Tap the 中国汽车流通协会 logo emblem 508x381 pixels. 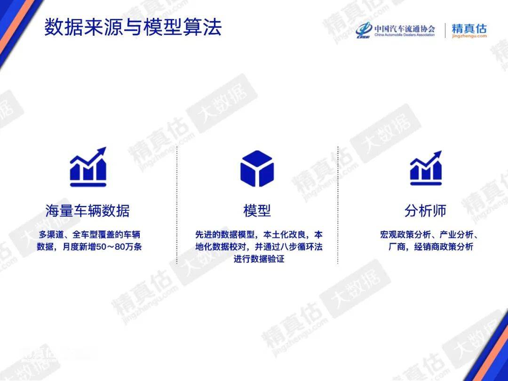(x=364, y=31)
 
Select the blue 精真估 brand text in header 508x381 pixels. (x=469, y=28)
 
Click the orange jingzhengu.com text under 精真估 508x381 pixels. (x=469, y=36)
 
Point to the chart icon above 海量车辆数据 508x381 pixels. (x=88, y=167)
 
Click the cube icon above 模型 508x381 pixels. (x=257, y=168)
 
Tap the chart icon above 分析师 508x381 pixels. (x=426, y=168)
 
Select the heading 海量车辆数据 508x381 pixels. (x=87, y=211)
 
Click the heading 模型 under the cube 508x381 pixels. (x=257, y=211)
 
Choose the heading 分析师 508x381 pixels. (x=425, y=211)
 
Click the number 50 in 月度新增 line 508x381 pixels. (x=101, y=247)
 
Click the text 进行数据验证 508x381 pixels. (x=259, y=259)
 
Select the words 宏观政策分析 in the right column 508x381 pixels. (x=405, y=235)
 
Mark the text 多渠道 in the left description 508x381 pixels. (x=52, y=235)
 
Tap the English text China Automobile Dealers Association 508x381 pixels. (x=405, y=35)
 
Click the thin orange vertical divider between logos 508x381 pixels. (x=445, y=31)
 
